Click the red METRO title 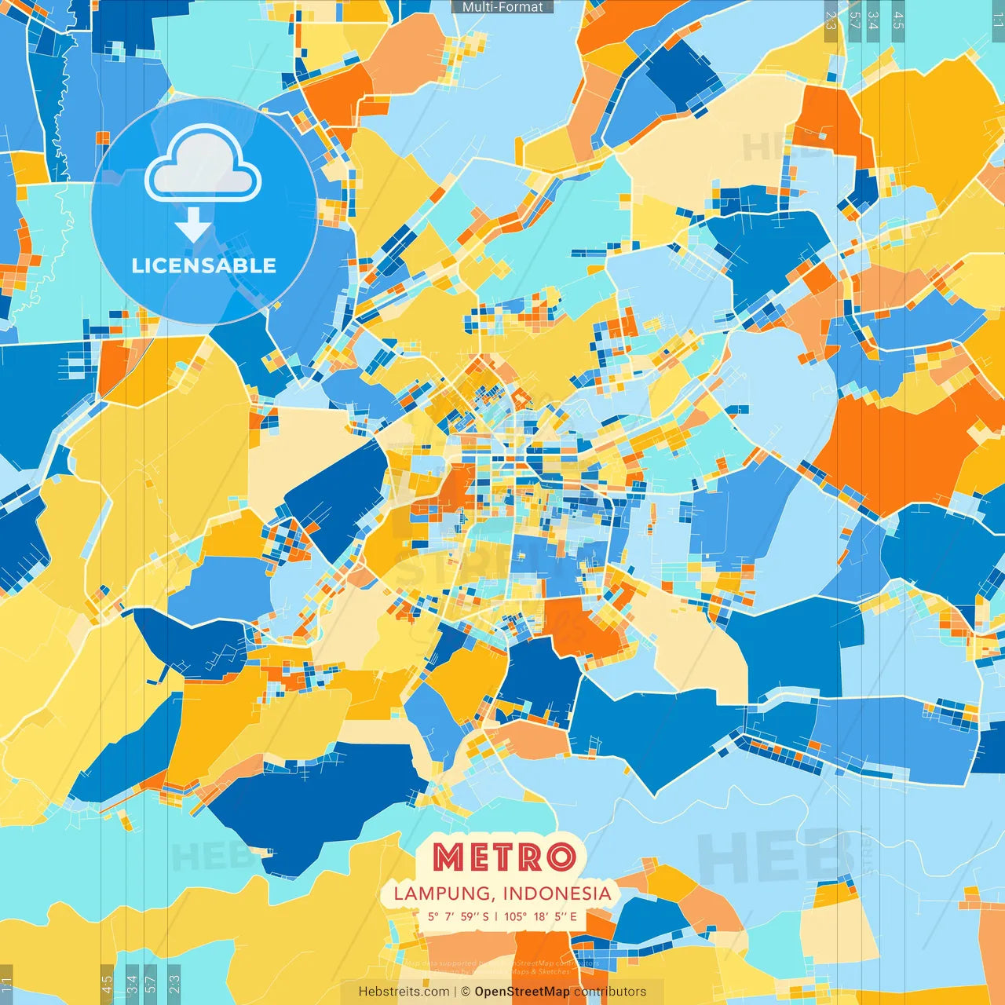(503, 857)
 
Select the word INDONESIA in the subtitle (557, 894)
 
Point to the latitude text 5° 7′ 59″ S (459, 916)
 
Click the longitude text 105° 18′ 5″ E (540, 916)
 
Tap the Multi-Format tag (502, 7)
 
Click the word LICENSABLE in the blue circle (204, 265)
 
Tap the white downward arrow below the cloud (193, 225)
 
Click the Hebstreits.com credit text (404, 992)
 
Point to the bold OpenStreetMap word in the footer (522, 992)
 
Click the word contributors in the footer (610, 992)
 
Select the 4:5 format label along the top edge (898, 20)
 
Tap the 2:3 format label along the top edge (831, 20)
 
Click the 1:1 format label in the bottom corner (6, 983)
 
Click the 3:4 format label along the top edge (873, 20)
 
